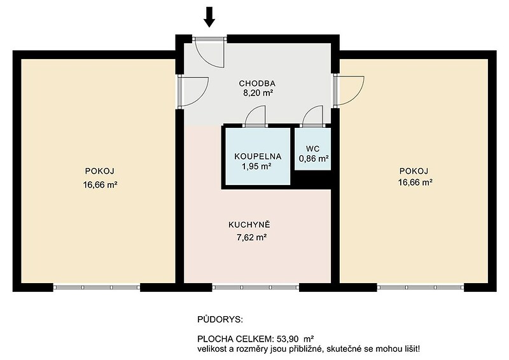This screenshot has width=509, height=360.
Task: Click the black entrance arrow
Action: pos(209,17)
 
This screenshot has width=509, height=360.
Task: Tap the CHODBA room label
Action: pos(257,83)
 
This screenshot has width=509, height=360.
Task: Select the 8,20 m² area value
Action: pos(257,93)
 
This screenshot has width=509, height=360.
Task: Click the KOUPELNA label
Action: pos(258,156)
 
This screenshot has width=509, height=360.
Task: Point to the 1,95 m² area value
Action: pos(256,167)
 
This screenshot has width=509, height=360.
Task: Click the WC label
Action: pos(312,149)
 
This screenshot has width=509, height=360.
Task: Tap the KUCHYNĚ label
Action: pos(249,225)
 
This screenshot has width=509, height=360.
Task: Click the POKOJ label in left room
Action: pos(100,171)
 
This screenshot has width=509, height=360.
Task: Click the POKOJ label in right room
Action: pos(414,171)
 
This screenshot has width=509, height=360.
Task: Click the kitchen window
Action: pos(256,287)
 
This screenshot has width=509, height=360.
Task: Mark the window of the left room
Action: pos(97,287)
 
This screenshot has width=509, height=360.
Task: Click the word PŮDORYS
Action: pos(220,320)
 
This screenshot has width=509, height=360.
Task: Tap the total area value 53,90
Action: pos(288,340)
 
